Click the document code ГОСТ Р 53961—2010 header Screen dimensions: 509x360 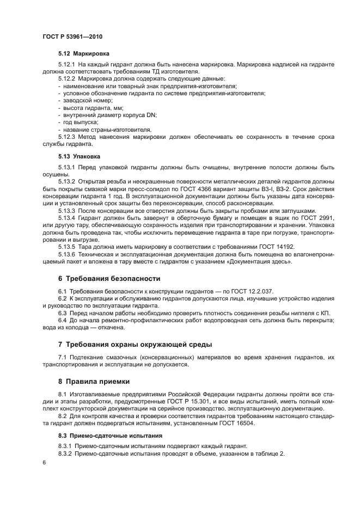[x=72, y=36]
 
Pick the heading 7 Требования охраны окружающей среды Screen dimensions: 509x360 [x=135, y=345]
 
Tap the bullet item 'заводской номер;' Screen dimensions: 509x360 [x=80, y=101]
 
